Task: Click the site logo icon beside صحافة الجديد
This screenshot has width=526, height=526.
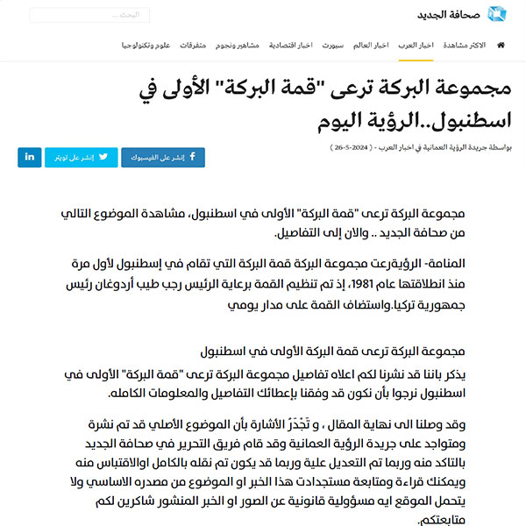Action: click(x=497, y=15)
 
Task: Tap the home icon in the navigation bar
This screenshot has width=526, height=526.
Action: click(x=501, y=45)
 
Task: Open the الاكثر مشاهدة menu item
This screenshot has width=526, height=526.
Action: click(x=465, y=45)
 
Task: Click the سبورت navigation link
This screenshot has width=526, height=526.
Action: click(x=331, y=45)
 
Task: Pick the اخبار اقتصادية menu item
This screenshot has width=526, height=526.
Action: click(x=290, y=45)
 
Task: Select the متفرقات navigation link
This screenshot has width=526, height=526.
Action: click(x=194, y=45)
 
